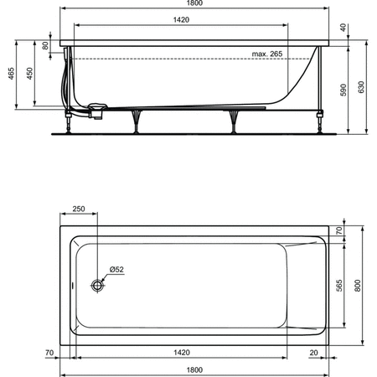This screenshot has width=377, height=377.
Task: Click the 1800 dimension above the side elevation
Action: click(195, 5)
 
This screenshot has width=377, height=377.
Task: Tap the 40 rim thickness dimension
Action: click(343, 27)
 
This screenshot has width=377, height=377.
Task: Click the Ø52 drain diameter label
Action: click(117, 270)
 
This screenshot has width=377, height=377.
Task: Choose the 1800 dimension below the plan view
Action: click(195, 369)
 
